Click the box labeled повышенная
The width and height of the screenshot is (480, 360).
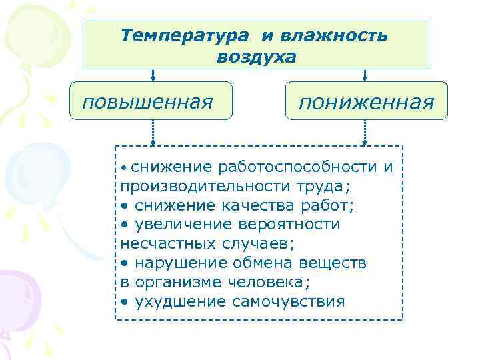click(151, 101)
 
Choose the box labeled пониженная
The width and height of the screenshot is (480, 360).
click(367, 102)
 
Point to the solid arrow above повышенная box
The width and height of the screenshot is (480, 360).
click(153, 75)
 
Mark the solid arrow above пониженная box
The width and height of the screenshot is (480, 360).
click(365, 75)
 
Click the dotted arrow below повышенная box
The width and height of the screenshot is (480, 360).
click(153, 132)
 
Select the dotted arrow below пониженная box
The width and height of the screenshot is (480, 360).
click(365, 132)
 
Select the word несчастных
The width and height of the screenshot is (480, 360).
click(161, 243)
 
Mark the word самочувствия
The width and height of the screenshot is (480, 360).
click(288, 301)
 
